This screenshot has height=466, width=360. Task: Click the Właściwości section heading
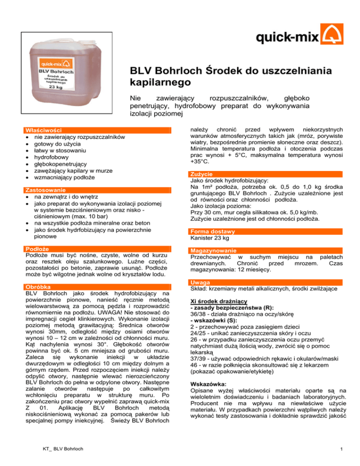tap(42, 130)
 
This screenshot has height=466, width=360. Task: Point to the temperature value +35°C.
tap(197, 161)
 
